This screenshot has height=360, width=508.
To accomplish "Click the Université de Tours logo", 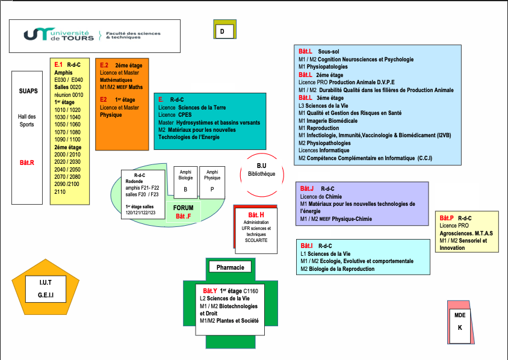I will click(59, 35).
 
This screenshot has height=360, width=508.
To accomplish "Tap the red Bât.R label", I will click(28, 163).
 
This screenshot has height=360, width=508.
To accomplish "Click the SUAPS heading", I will click(28, 92).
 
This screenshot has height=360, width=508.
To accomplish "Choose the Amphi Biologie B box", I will click(185, 181).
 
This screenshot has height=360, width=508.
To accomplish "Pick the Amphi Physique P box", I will click(212, 181).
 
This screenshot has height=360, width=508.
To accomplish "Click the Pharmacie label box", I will click(230, 267).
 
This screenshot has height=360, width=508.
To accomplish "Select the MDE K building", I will click(460, 322).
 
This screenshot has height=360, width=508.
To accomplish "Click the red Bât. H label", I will click(256, 215).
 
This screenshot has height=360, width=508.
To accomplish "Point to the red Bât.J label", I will click(307, 189).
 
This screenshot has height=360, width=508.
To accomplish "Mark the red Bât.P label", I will click(447, 218).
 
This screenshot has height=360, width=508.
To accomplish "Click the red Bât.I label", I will click(307, 246).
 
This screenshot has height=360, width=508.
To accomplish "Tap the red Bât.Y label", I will click(209, 291).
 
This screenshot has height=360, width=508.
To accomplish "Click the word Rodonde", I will click(135, 181).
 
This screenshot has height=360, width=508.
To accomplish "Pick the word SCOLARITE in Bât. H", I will click(256, 241).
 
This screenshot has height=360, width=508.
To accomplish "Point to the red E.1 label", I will click(58, 64).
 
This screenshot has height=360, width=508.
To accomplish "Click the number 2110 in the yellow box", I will click(60, 191).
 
